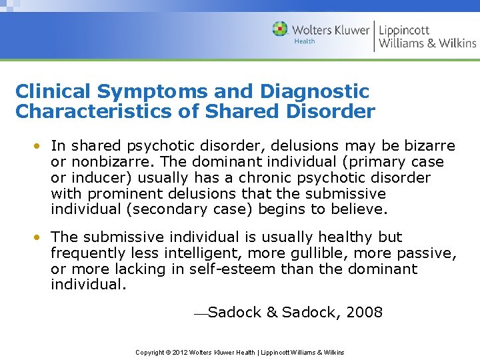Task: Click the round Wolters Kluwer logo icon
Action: [x=280, y=29]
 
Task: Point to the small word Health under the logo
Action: [x=305, y=41]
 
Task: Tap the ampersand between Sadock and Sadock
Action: [x=271, y=312]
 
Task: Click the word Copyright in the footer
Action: [x=149, y=352]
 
